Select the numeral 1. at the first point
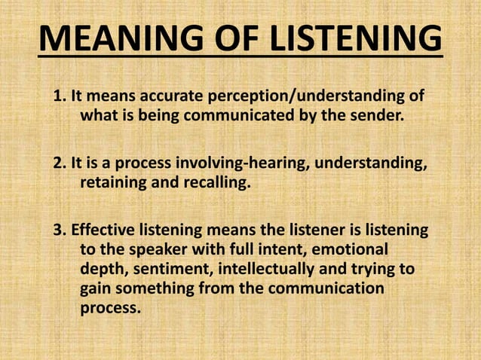tap(59, 99)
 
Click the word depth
tap(100, 269)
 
